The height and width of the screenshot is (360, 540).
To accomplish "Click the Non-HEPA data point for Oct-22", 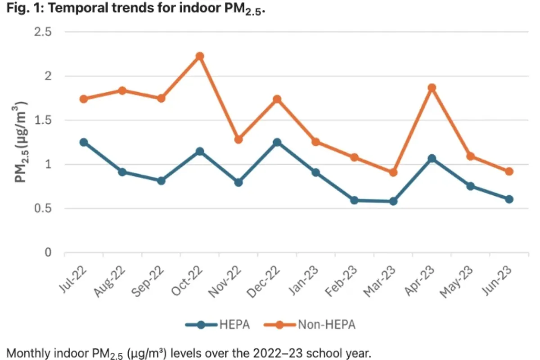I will tap(200, 56).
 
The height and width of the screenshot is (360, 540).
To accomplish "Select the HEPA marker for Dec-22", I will tap(277, 142).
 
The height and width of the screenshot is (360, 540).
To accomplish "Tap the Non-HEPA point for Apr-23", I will tap(432, 88).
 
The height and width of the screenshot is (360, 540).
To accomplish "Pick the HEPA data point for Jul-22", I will tap(84, 142).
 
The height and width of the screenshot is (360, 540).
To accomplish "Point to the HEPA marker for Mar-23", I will tap(393, 201).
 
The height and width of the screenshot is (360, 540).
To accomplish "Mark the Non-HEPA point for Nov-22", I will tap(238, 139).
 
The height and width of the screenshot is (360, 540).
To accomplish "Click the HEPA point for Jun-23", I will tap(509, 199).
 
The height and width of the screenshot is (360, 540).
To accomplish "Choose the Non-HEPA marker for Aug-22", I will tap(122, 90).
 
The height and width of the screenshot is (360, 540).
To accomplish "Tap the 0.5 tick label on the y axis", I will tap(43, 208).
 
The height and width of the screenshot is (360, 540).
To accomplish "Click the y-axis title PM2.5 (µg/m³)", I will tap(21, 142).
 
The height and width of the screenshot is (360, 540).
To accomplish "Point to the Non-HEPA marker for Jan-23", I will tap(316, 142).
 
